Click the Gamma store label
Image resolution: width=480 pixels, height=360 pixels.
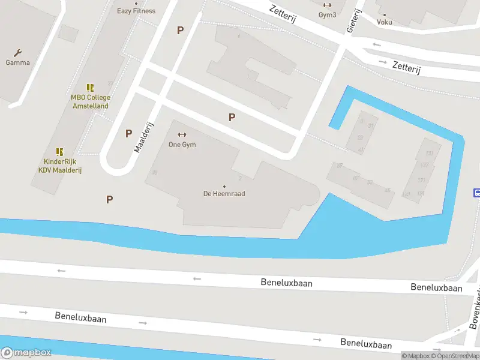(17, 62)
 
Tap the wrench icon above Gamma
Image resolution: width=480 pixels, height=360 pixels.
(17, 53)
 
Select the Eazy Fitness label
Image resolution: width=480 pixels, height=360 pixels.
(136, 11)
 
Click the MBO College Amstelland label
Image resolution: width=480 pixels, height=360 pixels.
(90, 101)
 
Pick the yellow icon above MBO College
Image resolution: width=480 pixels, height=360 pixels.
(90, 88)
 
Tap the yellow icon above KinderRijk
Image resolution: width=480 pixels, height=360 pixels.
(59, 152)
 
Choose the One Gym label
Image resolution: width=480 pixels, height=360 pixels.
(182, 145)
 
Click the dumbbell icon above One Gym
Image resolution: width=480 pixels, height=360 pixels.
(182, 134)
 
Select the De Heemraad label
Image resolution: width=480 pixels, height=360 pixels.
(224, 194)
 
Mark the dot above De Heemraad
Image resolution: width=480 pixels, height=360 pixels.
(224, 186)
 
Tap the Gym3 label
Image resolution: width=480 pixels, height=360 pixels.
(327, 14)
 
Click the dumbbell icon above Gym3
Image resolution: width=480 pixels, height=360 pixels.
(327, 5)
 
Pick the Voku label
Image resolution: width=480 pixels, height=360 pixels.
(385, 22)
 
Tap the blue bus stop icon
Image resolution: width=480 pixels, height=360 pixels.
(477, 193)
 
